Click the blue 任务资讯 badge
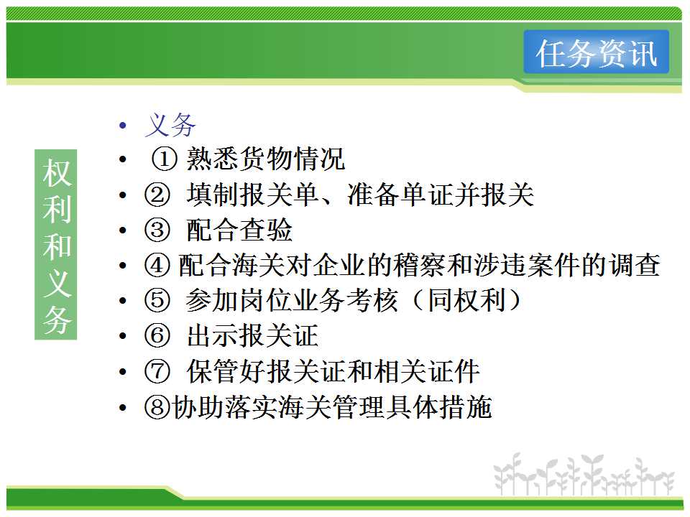pos(597,52)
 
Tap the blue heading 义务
pos(170,125)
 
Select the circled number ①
pos(164,159)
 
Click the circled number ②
pos(157,195)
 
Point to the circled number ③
pos(157,230)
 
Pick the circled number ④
pos(157,265)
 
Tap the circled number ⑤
pos(157,301)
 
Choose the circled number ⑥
pos(157,336)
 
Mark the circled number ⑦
pos(157,371)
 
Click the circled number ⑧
pos(157,407)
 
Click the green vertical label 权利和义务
pos(56,244)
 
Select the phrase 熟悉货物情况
pos(265,159)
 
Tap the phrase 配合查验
pos(239,230)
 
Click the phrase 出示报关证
pos(252,336)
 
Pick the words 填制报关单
pos(252,195)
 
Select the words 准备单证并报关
pos(441,195)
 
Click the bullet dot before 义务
pos(123,126)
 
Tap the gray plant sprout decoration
pos(584,475)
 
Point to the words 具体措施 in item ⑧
pos(439,407)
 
